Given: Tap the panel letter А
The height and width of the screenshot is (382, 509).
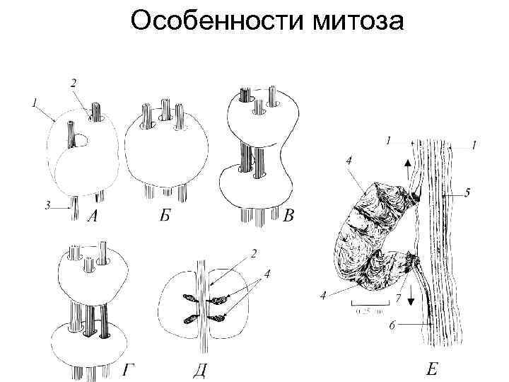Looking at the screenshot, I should click(92, 216).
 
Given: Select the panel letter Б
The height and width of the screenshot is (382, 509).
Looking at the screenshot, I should click(164, 216).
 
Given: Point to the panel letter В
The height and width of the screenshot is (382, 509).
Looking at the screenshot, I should click(287, 216).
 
